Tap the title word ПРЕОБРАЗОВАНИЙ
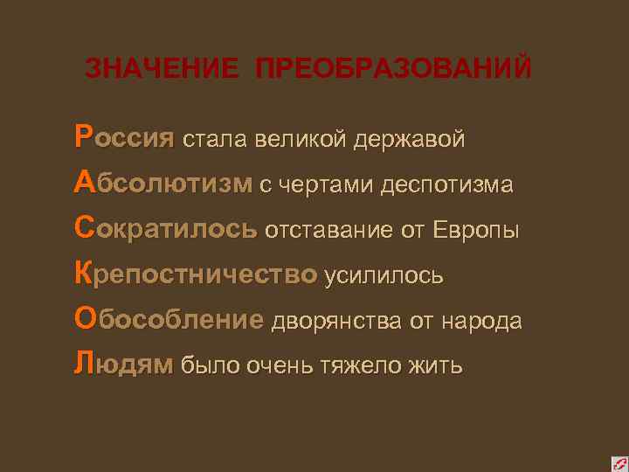(394, 69)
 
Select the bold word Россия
(125, 138)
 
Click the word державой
(409, 139)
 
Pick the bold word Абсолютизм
(163, 184)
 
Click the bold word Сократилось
(166, 229)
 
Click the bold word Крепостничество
(196, 274)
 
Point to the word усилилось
(384, 275)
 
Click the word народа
(480, 321)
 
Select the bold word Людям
(124, 364)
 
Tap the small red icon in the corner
(618, 461)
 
